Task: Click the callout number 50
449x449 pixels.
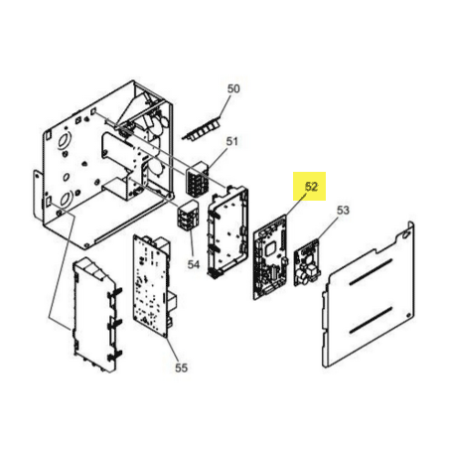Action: click(x=233, y=88)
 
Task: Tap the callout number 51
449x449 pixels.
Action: click(x=232, y=141)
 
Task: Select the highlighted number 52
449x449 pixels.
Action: click(x=311, y=187)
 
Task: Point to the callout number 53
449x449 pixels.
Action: click(x=343, y=210)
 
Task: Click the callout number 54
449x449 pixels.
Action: click(x=194, y=264)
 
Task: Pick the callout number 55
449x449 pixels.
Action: click(x=181, y=368)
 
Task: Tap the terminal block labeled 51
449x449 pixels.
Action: click(x=198, y=179)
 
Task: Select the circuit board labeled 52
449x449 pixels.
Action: click(x=270, y=257)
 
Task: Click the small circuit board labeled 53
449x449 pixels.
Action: click(x=308, y=262)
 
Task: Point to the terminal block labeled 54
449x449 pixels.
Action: click(x=189, y=215)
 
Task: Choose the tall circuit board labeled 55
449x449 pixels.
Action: click(x=155, y=286)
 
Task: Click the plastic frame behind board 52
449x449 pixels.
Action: click(x=227, y=231)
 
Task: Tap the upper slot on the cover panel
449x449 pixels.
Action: click(x=371, y=271)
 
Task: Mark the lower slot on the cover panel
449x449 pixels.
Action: click(x=371, y=320)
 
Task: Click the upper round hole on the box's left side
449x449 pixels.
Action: click(x=64, y=139)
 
